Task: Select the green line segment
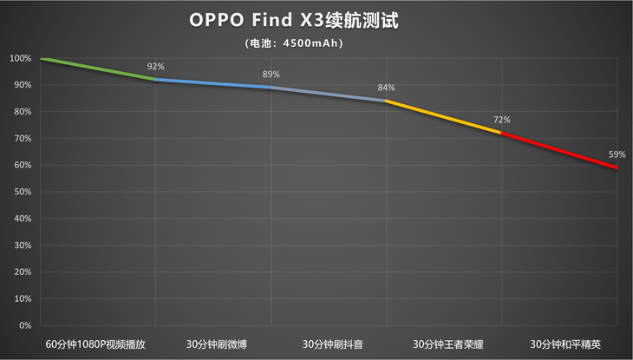[x=98, y=69]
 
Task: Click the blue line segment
[x=213, y=83]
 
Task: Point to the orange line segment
[x=444, y=117]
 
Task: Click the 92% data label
[x=155, y=66]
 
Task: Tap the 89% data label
[x=271, y=75]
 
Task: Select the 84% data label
[x=386, y=88]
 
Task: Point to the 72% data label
[x=501, y=120]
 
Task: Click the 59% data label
[x=617, y=154]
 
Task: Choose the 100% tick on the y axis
[x=20, y=59]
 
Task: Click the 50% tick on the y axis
[x=23, y=192]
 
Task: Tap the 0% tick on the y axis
[x=25, y=325]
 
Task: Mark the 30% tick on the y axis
[x=23, y=245]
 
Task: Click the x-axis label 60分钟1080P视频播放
[x=97, y=343]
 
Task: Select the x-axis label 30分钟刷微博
[x=213, y=343]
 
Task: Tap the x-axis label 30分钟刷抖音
[x=329, y=343]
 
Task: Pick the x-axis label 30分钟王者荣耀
[x=444, y=343]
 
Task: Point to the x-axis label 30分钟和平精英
[x=559, y=343]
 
